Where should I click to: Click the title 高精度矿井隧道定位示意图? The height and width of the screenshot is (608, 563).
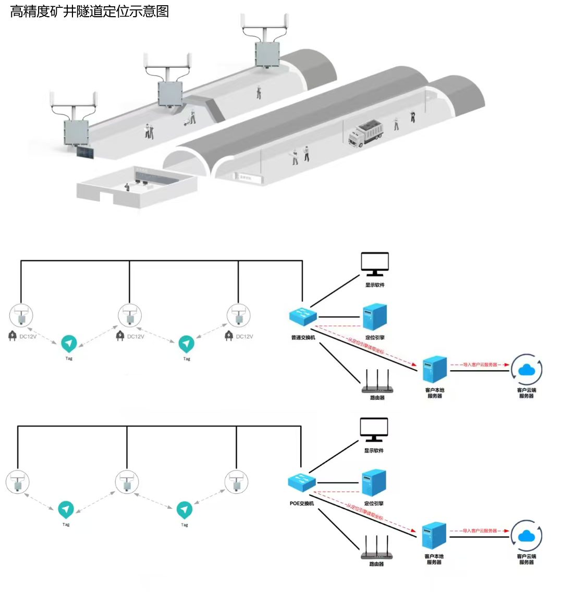[x=90, y=11]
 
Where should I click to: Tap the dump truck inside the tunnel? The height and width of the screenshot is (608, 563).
[x=365, y=135]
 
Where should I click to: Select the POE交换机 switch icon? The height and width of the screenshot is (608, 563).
[x=302, y=482]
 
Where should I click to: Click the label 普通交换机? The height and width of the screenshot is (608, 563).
[x=303, y=337]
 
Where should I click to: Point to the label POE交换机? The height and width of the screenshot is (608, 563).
[x=302, y=503]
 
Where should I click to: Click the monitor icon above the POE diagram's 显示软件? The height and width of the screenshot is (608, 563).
[x=374, y=430]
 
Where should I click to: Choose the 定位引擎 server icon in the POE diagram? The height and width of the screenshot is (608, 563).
[x=374, y=483]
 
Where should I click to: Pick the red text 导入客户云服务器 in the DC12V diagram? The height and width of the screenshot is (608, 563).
[x=480, y=364]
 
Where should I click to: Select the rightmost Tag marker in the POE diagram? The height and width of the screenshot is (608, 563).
[x=185, y=509]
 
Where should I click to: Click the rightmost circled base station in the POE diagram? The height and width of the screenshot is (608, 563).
[x=237, y=482]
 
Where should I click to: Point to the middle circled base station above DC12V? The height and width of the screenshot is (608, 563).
[x=130, y=316]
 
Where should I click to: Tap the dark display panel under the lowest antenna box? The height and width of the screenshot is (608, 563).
[x=85, y=152]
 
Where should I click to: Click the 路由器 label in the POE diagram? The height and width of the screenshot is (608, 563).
[x=376, y=564]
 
